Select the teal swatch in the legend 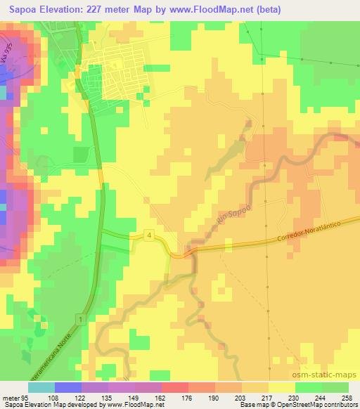[x=41, y=387]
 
